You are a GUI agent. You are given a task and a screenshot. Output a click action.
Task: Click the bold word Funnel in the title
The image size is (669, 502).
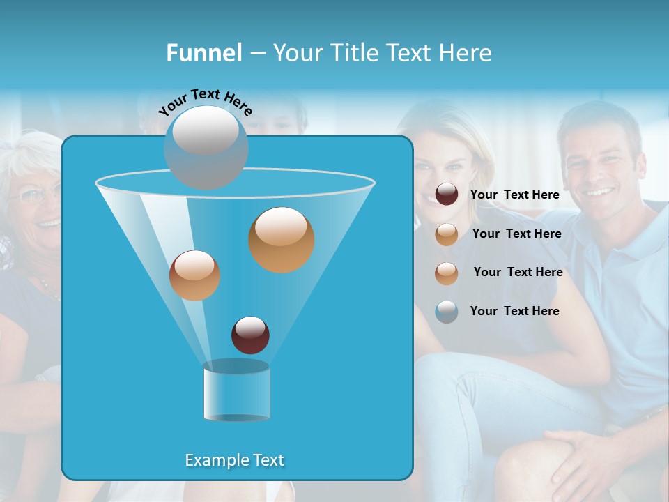click(x=204, y=53)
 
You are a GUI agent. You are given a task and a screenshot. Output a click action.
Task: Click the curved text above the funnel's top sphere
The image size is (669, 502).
click(x=205, y=102)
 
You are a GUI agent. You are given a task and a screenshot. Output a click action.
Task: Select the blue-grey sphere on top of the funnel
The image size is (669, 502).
click(x=206, y=147)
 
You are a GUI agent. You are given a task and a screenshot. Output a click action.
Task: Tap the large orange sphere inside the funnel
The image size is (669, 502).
click(x=281, y=240)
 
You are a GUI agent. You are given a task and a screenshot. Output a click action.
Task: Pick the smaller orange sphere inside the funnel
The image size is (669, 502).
click(x=194, y=275)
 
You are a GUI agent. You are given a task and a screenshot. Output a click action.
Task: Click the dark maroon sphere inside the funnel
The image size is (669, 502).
click(x=250, y=335)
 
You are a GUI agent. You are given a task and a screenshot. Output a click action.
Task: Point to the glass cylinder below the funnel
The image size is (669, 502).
click(x=236, y=391)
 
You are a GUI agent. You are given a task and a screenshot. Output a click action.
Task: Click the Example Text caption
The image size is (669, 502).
click(x=234, y=460)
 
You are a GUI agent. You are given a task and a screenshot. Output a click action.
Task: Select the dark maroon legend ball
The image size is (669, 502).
click(x=447, y=195)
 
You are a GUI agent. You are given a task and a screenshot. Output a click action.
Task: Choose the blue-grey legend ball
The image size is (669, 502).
click(x=447, y=312)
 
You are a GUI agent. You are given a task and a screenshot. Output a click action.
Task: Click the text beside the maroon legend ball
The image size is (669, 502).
click(x=514, y=195)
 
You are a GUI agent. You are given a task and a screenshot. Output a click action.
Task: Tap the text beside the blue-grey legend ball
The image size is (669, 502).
click(x=514, y=311)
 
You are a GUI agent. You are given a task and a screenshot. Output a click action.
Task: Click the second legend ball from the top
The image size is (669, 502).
click(x=447, y=234)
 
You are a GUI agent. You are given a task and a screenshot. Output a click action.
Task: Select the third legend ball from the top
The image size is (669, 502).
click(x=447, y=273)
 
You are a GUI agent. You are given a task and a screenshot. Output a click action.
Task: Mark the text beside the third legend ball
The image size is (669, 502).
click(x=518, y=272)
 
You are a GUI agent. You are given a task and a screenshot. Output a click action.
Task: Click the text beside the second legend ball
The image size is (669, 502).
click(x=516, y=234)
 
